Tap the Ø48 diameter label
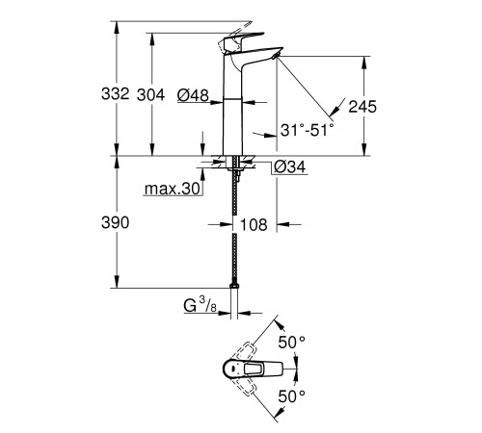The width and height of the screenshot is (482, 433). [x=194, y=94]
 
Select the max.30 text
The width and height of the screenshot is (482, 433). [x=173, y=190]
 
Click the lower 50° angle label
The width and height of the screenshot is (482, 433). [x=291, y=395]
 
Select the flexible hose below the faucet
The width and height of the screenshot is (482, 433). [x=235, y=231]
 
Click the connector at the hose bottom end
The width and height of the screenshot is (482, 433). [x=235, y=285]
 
